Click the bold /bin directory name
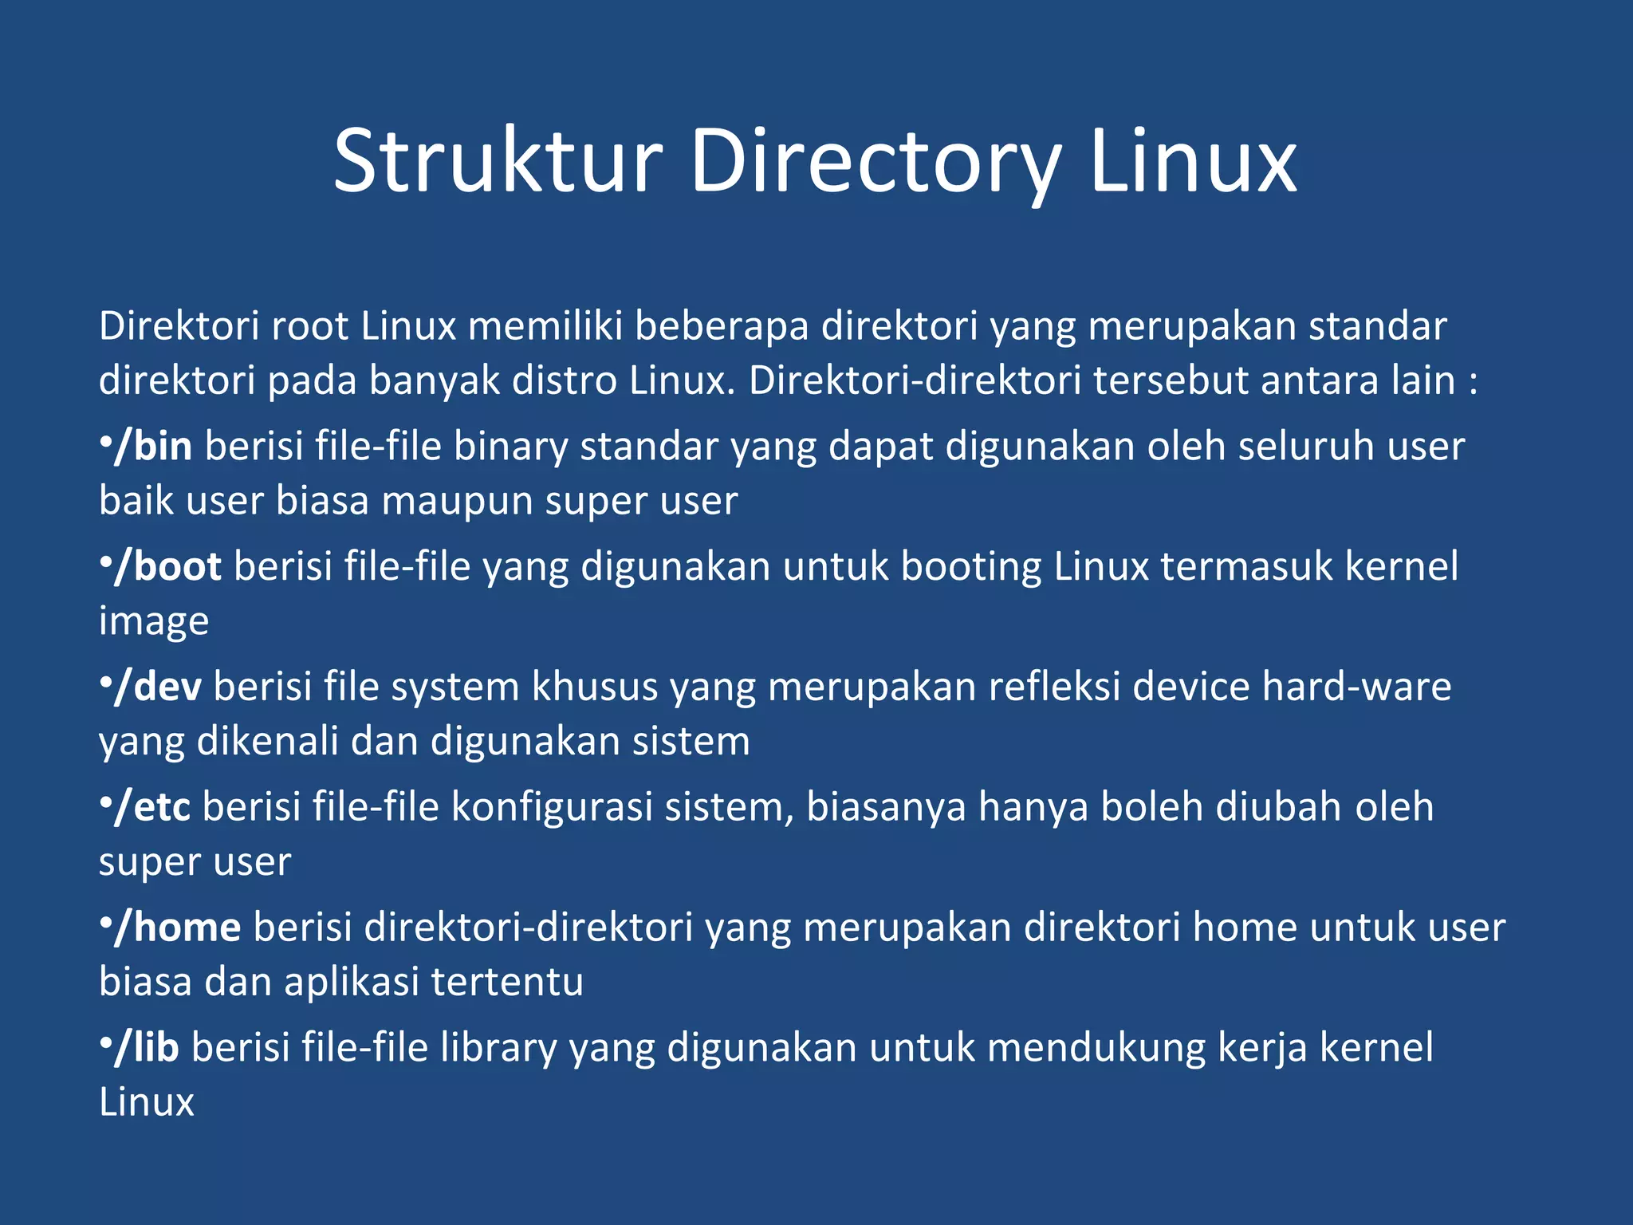153,446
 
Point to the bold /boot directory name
167,566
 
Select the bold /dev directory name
158,687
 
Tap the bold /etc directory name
152,807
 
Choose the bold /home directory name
177,928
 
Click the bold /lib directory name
147,1048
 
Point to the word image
154,622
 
